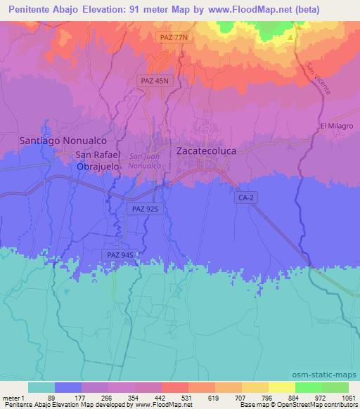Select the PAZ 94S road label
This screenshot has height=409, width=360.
coord(118,254)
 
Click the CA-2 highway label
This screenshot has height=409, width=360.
coord(243,199)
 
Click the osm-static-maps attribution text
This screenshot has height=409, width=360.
coord(329,373)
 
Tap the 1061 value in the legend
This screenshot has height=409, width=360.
coord(348,398)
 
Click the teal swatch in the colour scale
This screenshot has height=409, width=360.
coord(41,387)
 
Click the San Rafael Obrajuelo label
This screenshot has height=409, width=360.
coord(98,160)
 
